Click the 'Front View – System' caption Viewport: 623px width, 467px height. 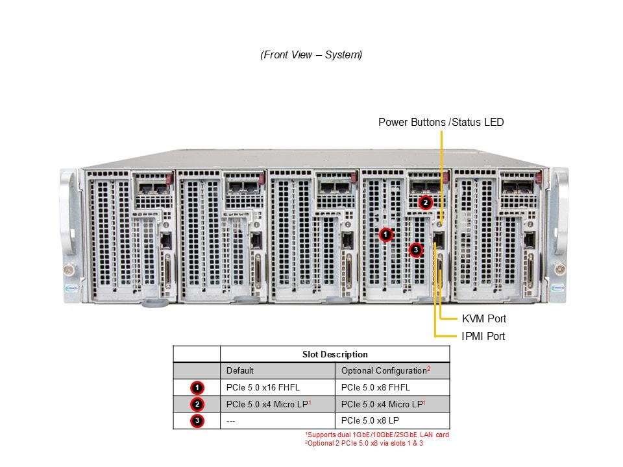[311, 55]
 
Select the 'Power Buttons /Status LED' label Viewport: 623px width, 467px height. [441, 122]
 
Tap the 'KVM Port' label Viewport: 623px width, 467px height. [483, 318]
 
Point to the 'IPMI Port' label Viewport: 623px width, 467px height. [483, 336]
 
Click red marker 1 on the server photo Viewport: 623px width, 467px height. [386, 233]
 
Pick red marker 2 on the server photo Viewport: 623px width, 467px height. [425, 202]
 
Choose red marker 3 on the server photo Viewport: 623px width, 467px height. [416, 249]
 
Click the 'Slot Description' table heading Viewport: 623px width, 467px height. [335, 354]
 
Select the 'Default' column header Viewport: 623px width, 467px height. [240, 371]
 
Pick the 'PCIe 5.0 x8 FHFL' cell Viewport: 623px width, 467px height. [375, 388]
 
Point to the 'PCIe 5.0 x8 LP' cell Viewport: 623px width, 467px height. [369, 420]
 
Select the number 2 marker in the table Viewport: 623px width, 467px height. [198, 404]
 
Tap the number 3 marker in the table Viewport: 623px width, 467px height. [198, 420]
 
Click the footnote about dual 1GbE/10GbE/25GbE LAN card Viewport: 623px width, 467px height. [377, 435]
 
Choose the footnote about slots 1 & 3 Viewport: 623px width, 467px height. [367, 443]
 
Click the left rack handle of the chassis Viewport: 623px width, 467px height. [69, 221]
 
